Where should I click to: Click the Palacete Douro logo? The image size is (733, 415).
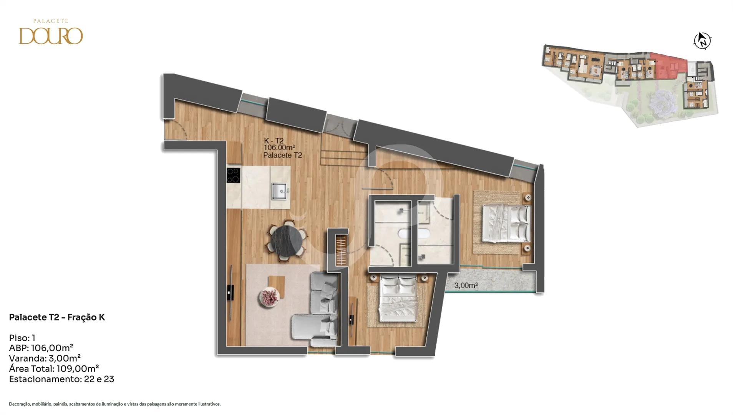pos(51,32)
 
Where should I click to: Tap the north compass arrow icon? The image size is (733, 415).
pos(702,41)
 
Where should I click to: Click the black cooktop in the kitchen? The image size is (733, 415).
pos(233,175)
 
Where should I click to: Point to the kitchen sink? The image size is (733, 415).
pos(280,191)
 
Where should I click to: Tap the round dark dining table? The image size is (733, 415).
pos(286,241)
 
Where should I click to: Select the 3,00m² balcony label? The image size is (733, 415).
pos(466,286)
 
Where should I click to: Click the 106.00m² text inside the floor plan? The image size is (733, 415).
pos(279,148)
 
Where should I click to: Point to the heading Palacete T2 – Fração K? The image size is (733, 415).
pos(57,317)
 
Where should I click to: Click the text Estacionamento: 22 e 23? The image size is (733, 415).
pos(61,379)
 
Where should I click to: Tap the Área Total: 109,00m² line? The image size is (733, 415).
pos(54,369)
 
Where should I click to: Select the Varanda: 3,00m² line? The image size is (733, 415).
pos(45,359)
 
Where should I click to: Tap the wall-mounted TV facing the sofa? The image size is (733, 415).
pos(231,292)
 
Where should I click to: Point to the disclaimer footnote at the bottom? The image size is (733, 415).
pos(114,404)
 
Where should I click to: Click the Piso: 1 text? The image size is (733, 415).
pos(22,338)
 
